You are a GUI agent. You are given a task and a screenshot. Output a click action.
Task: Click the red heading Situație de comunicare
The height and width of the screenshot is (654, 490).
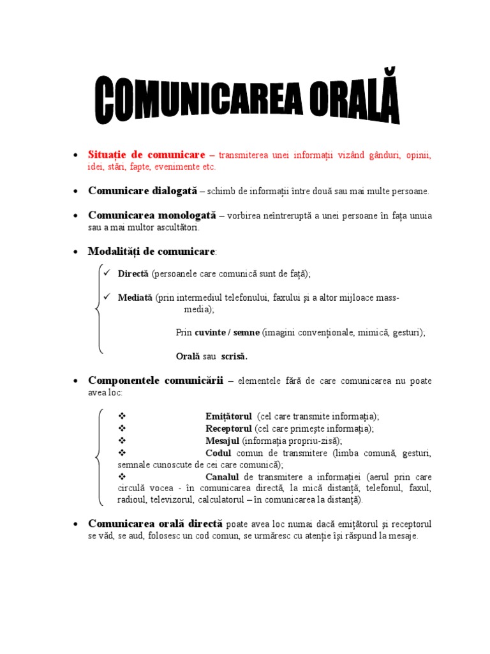pos(146,155)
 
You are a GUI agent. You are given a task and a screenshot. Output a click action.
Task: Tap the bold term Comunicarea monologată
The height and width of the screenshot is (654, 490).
pos(152,215)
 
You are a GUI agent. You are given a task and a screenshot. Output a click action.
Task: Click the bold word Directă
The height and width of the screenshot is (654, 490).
pos(133,273)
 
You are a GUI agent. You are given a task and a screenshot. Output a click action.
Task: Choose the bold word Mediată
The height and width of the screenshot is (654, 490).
pos(135,297)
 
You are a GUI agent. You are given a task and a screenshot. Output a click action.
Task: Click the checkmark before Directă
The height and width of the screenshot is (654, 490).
pos(107,273)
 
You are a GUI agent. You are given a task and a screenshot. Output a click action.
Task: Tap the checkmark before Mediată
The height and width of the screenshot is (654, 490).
pos(107,296)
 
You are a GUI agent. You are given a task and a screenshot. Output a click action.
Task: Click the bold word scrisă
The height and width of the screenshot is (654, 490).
pos(234,356)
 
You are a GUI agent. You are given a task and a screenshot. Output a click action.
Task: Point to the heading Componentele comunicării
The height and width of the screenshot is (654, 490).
pos(156,381)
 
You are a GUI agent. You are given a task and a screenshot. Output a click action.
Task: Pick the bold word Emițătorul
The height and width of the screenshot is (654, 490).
pos(228,416)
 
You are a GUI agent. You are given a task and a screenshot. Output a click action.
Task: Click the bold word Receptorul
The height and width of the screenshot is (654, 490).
pos(229,429)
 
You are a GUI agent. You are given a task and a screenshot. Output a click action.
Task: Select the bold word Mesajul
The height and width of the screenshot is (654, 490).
pos(222,441)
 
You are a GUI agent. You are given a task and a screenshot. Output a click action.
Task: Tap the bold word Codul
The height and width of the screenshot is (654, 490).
pos(218,453)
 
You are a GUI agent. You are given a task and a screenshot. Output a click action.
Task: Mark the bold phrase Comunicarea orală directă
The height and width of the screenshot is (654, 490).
pos(155,524)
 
